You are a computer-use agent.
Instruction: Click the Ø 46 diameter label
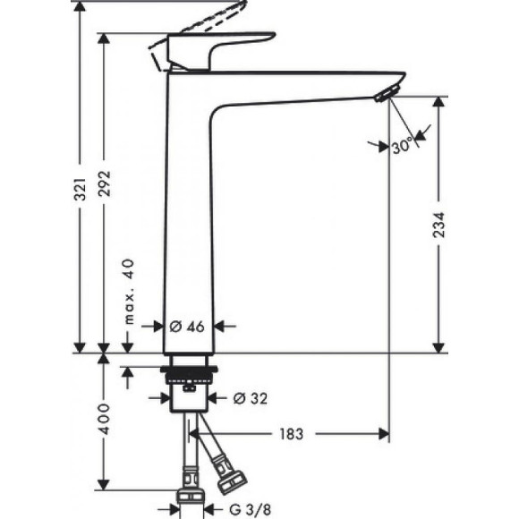pos(188,327)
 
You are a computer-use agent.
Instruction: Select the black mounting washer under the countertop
pos(190,369)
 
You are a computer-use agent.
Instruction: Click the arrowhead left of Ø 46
pos(158,327)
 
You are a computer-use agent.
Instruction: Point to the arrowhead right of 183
pos(384,434)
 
